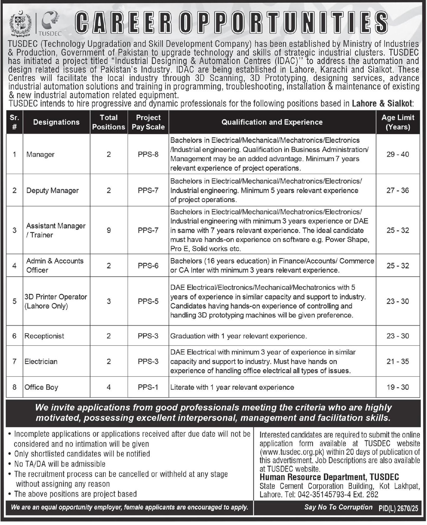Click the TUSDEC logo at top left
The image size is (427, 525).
pos(49,23)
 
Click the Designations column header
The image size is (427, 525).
pos(56,122)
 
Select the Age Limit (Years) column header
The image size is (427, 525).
pos(398,122)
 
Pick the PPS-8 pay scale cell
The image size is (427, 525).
pos(148,154)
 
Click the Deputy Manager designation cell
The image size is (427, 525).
pos(53,190)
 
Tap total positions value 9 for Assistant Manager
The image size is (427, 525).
pos(109,230)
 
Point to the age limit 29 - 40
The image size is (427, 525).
pos(398,154)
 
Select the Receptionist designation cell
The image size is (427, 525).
pos(44,336)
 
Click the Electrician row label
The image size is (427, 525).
pos(41,362)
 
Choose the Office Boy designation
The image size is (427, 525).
pos(41,387)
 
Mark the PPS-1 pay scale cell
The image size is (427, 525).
pos(148,387)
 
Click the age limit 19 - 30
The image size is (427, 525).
pos(398,387)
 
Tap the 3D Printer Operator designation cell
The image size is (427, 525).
pos(56,301)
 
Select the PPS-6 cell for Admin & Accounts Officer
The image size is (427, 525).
pos(148,266)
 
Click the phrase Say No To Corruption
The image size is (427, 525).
pos(338,507)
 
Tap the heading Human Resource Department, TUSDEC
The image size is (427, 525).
pos(329,477)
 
